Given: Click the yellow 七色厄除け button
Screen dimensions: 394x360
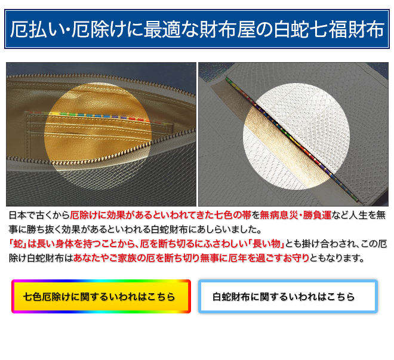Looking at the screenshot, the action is (x=101, y=297).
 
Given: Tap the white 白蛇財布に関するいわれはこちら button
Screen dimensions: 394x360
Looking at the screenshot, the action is (x=288, y=297).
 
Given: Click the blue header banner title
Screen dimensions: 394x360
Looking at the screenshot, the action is (x=197, y=29).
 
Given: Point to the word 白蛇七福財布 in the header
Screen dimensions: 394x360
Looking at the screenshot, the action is (x=329, y=29).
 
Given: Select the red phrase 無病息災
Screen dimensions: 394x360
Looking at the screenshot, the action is (x=279, y=216).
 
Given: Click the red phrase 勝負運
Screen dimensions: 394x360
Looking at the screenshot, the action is (x=318, y=216).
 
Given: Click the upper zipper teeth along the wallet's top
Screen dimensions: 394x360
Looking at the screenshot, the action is (x=100, y=78).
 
